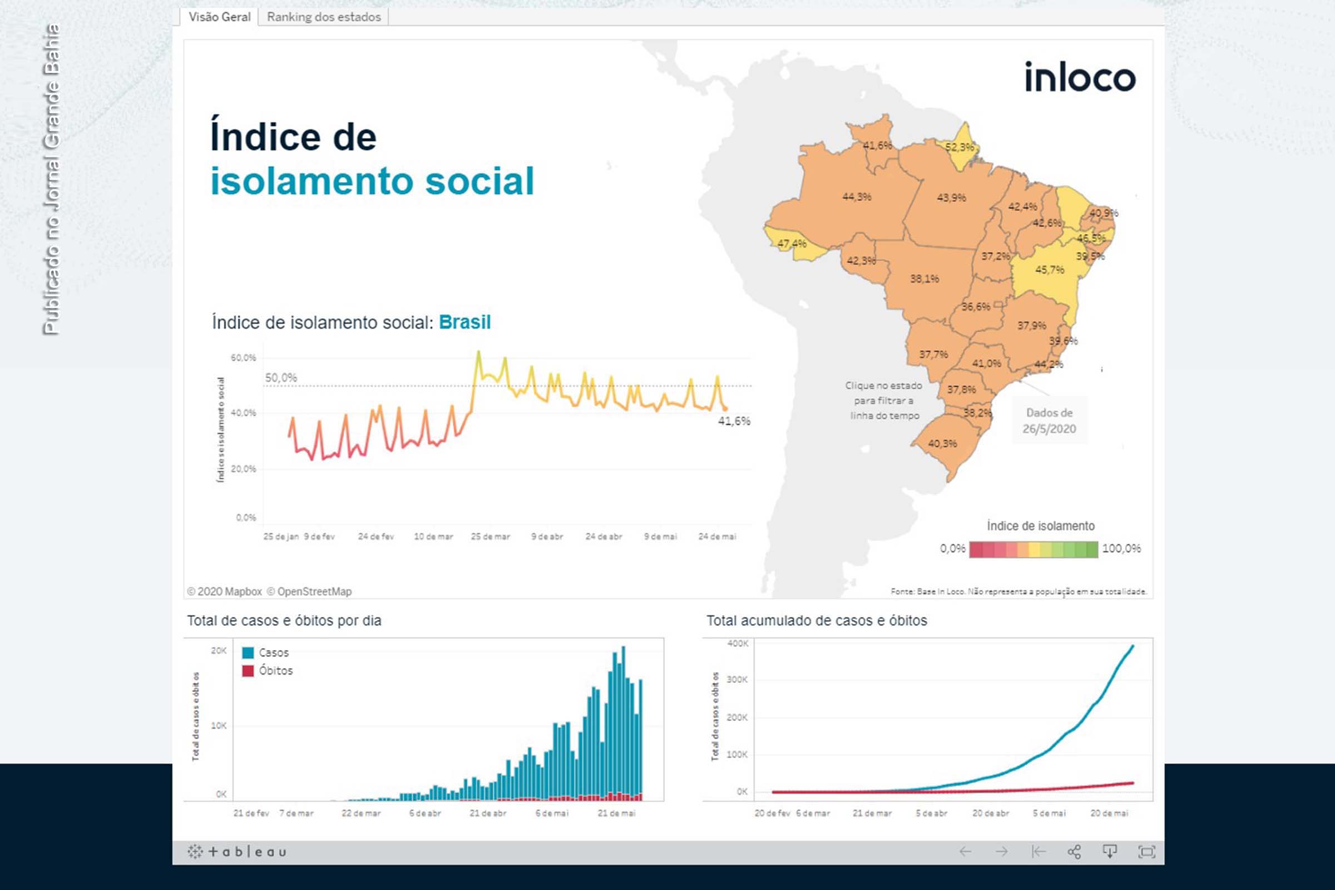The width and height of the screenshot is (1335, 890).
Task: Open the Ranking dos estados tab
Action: click(324, 17)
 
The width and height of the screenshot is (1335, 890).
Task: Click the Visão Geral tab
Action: click(219, 17)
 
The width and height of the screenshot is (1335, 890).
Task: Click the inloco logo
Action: click(1079, 78)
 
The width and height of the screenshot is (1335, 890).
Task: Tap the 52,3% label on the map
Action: click(959, 147)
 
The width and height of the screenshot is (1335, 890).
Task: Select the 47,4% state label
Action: click(792, 244)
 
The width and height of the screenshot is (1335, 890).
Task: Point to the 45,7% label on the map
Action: click(1050, 270)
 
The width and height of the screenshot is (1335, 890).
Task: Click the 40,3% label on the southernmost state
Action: click(942, 443)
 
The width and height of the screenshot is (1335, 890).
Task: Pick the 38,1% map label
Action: click(924, 279)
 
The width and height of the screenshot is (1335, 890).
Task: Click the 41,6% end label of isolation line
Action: click(734, 421)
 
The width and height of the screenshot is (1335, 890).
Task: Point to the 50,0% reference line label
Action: click(281, 378)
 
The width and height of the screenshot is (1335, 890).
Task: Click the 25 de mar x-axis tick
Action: click(490, 536)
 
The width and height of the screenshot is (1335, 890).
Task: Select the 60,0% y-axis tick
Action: click(243, 358)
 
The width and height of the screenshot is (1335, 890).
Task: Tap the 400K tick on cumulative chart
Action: click(738, 644)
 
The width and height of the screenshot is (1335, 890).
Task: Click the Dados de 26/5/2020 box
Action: click(1049, 421)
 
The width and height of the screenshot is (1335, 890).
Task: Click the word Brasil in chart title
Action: click(464, 323)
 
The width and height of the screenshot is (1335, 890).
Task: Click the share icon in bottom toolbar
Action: click(1074, 852)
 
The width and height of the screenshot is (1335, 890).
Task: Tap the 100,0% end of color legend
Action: click(1121, 548)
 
